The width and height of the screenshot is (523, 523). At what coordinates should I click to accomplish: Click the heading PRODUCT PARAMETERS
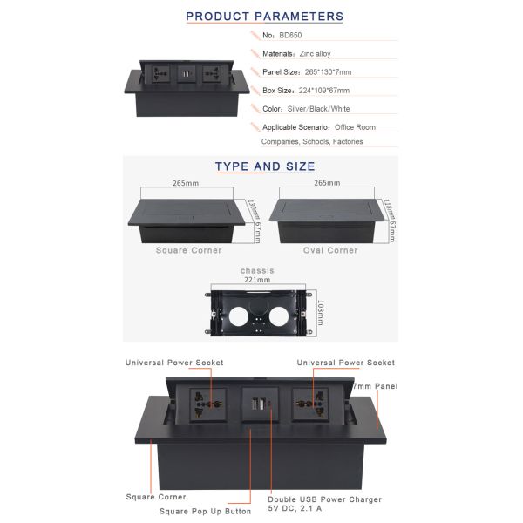tap(265, 16)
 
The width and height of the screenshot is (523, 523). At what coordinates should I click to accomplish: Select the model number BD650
tap(291, 36)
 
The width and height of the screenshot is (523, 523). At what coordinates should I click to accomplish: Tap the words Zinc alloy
tap(316, 54)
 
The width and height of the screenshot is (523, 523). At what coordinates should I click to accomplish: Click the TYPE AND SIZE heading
tap(265, 166)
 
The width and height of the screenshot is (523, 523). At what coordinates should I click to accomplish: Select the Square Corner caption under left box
tap(188, 250)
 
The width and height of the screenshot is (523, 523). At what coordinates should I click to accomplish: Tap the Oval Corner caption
tap(330, 250)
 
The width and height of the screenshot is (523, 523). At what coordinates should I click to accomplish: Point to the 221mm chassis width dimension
tap(256, 280)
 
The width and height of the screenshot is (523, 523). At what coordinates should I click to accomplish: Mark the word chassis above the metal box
tap(256, 270)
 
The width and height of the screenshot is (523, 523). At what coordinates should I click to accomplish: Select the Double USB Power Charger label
tap(325, 499)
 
